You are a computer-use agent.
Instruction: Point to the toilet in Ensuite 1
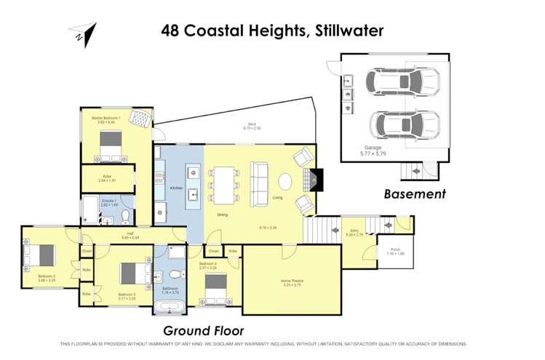point(126,216)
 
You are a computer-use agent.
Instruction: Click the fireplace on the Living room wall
point(313,180)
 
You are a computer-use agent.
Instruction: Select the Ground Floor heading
point(203,329)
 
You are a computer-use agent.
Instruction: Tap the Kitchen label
point(177,188)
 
